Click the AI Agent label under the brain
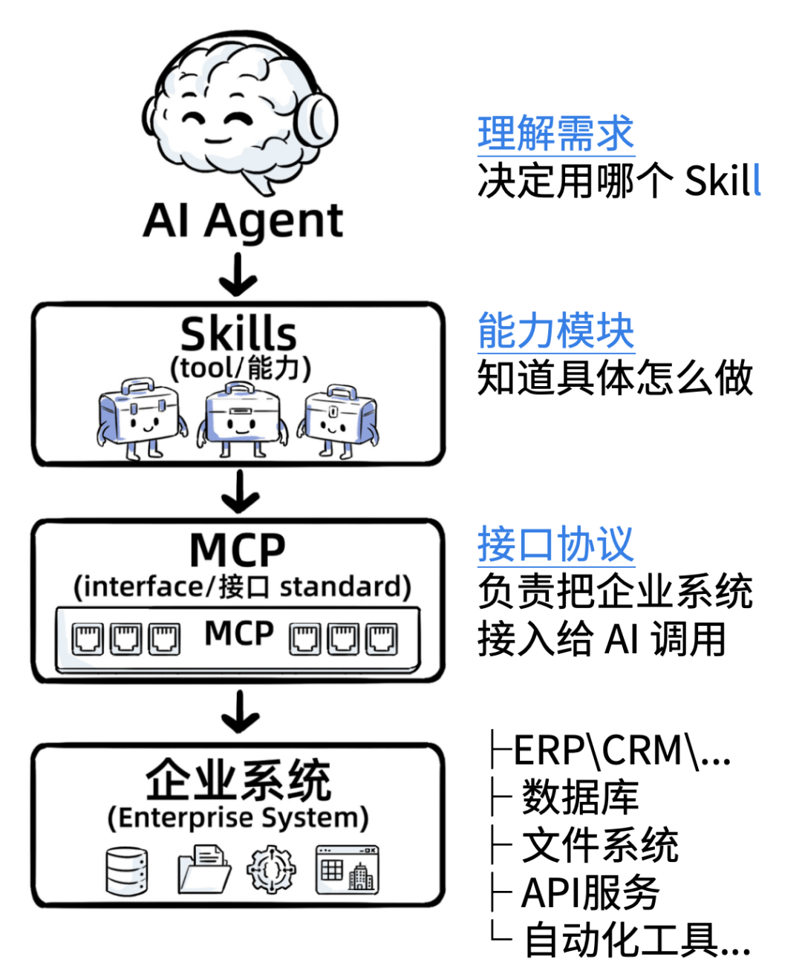click(x=243, y=220)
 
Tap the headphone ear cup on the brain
click(x=316, y=122)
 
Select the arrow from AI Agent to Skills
click(x=238, y=275)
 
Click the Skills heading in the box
click(x=238, y=334)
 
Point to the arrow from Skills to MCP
click(x=239, y=491)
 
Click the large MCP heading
click(x=238, y=550)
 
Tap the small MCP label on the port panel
click(x=239, y=633)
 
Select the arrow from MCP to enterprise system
click(x=239, y=711)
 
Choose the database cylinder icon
click(x=126, y=870)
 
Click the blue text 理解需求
click(x=555, y=134)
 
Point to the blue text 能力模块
click(x=555, y=331)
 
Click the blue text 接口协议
click(x=555, y=544)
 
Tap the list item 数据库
click(x=580, y=797)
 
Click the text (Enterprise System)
click(x=238, y=817)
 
